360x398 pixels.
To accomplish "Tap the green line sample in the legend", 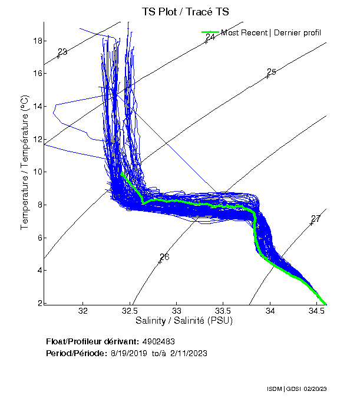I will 210,32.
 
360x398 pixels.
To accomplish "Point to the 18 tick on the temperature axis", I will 37,41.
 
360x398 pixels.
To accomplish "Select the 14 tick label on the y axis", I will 37,106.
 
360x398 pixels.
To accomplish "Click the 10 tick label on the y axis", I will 37,172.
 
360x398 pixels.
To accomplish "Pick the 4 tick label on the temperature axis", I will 39,270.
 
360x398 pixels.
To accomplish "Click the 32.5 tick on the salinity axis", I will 130,311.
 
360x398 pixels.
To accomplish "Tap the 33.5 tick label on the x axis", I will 223,311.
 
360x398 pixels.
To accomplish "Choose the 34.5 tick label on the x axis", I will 317,311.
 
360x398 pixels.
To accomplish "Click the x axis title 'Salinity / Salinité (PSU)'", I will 184,321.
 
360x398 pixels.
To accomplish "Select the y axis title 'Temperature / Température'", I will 25,163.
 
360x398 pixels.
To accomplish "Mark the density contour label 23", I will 62,52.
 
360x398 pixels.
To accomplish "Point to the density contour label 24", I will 210,37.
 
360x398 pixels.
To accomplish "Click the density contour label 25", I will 272,72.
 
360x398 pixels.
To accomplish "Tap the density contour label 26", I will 164,257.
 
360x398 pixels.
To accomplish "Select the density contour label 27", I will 316,219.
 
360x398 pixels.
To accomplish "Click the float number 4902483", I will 158,341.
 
